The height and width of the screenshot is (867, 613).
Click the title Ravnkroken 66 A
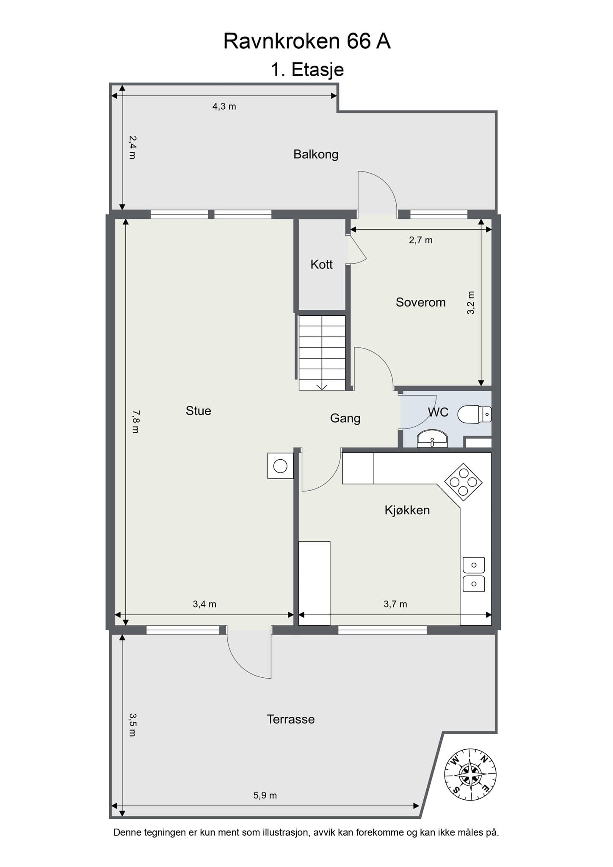[x=306, y=41]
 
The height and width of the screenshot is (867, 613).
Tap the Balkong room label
[x=316, y=154]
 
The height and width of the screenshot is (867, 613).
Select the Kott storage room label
[x=321, y=265]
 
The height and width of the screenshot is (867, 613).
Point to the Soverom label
[x=420, y=302]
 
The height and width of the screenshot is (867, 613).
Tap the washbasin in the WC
[x=432, y=439]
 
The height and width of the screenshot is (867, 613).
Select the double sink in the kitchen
[x=474, y=574]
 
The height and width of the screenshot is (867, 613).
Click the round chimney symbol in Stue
[x=280, y=466]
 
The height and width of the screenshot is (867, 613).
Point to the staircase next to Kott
[x=322, y=353]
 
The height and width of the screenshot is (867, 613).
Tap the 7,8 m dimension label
[x=135, y=421]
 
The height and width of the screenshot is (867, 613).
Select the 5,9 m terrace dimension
[x=265, y=795]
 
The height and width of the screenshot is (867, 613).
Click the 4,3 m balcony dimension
[x=224, y=106]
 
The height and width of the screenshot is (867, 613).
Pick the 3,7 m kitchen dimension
[x=395, y=604]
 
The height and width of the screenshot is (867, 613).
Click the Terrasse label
[x=290, y=719]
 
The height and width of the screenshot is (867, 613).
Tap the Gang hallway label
[x=345, y=418]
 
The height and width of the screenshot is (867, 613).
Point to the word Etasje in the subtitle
[x=318, y=70]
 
